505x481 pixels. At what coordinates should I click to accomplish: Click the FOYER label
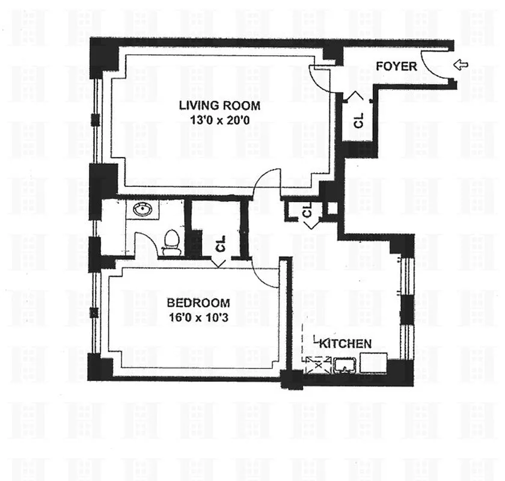tap(396, 66)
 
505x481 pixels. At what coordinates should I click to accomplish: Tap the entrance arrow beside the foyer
tap(461, 65)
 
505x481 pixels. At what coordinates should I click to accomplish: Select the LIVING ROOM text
tap(219, 106)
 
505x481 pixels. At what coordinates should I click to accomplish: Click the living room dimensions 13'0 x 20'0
tap(219, 120)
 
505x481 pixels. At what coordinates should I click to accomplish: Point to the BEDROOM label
tap(189, 302)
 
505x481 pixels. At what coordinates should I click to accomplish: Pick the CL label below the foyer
tap(359, 120)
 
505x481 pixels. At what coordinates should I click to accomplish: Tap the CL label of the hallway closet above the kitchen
tap(307, 210)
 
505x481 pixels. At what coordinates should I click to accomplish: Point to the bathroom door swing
tap(145, 247)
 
